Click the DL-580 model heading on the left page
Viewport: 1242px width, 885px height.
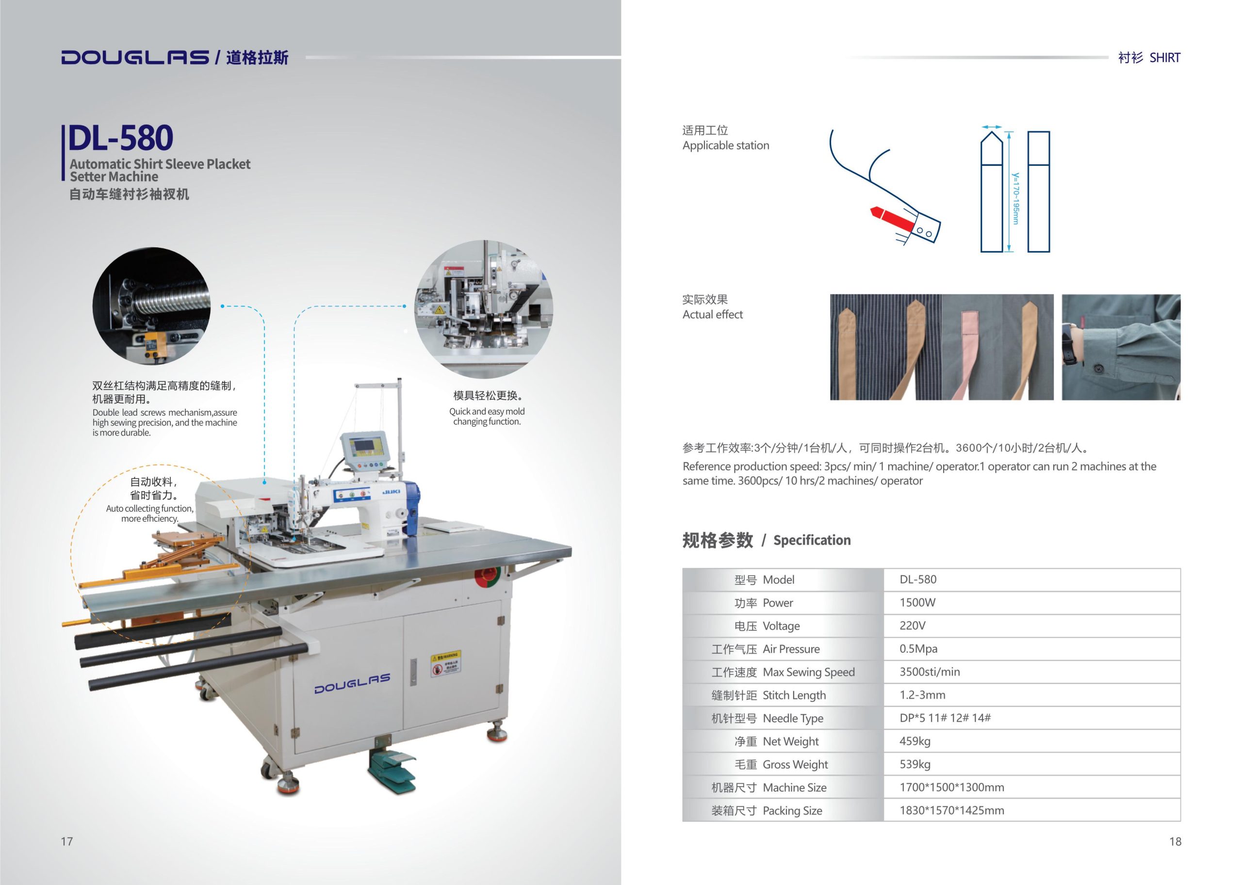120,137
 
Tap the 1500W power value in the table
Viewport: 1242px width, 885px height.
917,602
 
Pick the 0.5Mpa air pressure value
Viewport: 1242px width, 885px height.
918,648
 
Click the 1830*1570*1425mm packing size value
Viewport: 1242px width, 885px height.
951,810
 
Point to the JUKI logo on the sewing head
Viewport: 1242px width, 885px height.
391,492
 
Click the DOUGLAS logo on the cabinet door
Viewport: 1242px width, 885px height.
352,683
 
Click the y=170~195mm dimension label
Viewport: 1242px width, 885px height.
1015,198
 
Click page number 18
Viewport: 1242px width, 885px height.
1175,841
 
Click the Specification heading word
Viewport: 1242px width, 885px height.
812,540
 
